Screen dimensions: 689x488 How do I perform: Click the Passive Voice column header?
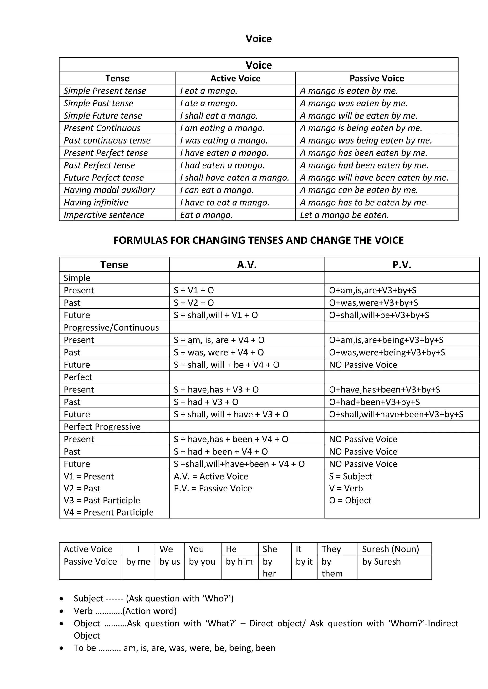[x=376, y=78]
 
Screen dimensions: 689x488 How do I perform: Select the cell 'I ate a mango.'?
[x=208, y=103]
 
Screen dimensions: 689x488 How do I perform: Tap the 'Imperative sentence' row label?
[x=104, y=215]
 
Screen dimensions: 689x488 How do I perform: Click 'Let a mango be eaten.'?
[x=344, y=215]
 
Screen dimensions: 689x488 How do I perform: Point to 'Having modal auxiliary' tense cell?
[x=109, y=190]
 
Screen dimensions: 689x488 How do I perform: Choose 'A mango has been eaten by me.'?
[x=363, y=153]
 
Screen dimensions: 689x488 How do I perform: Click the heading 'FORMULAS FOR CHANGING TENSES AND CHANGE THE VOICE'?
[x=259, y=240]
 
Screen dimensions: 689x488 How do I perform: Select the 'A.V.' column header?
[x=247, y=265]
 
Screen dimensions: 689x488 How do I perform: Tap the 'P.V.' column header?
[x=402, y=265]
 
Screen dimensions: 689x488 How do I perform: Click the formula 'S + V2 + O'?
[x=194, y=303]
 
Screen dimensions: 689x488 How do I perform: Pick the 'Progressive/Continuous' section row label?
[x=111, y=327]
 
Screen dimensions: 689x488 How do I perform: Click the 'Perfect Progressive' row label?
[x=102, y=427]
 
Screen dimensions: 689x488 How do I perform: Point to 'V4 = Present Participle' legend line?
[x=108, y=512]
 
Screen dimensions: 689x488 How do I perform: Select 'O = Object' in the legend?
[x=350, y=500]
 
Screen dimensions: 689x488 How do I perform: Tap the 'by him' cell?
[x=239, y=561]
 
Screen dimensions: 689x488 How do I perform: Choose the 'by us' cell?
[x=169, y=561]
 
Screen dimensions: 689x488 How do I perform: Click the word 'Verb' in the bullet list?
[x=83, y=611]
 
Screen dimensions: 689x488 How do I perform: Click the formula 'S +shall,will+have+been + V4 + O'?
[x=239, y=464]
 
